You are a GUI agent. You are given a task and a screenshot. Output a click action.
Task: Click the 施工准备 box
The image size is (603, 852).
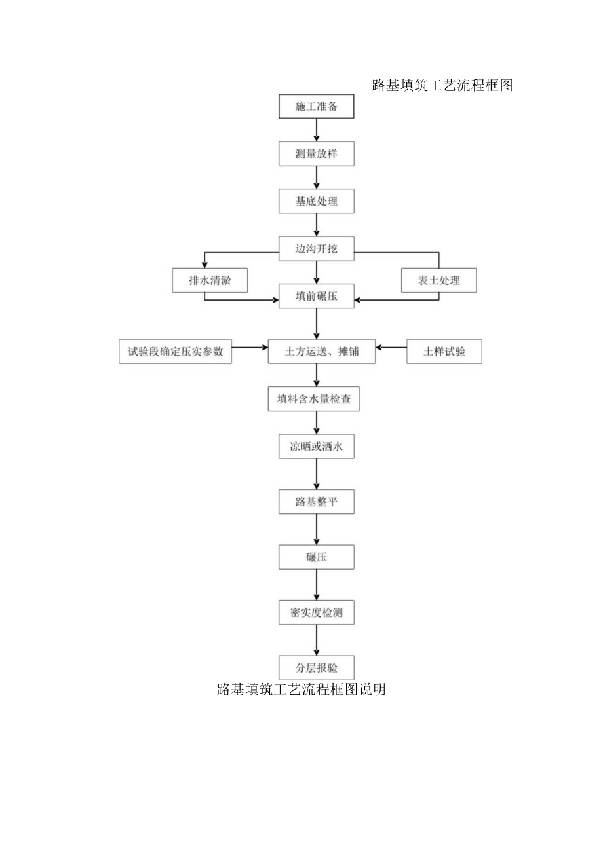(x=317, y=107)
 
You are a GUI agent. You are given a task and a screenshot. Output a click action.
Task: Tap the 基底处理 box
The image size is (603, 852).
(x=317, y=201)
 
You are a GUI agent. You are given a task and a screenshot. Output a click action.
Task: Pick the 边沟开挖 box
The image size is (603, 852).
(x=317, y=248)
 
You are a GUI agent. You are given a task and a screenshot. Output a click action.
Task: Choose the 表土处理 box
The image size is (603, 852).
(x=439, y=280)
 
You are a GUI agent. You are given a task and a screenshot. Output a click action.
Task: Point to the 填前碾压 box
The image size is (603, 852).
(x=317, y=295)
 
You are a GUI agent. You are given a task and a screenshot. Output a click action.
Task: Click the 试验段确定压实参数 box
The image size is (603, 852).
(x=175, y=351)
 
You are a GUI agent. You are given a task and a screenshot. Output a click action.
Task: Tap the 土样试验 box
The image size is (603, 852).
(x=444, y=351)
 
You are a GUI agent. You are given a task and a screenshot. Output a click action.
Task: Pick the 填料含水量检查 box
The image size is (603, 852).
(x=314, y=399)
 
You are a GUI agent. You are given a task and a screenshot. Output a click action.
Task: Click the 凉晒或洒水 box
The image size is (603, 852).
(x=317, y=447)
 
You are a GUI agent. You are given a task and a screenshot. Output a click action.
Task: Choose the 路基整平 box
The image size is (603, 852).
(x=317, y=502)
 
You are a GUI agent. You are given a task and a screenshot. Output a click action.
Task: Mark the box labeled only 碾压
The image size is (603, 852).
(x=317, y=557)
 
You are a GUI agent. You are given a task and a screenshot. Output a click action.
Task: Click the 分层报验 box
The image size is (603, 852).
(x=317, y=667)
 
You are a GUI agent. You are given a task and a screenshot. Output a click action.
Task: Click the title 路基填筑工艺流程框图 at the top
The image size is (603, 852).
(x=442, y=85)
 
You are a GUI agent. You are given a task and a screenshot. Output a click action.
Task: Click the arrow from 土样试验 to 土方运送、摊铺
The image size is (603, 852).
(x=391, y=348)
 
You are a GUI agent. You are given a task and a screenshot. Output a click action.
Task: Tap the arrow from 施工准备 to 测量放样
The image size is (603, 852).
(x=317, y=130)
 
